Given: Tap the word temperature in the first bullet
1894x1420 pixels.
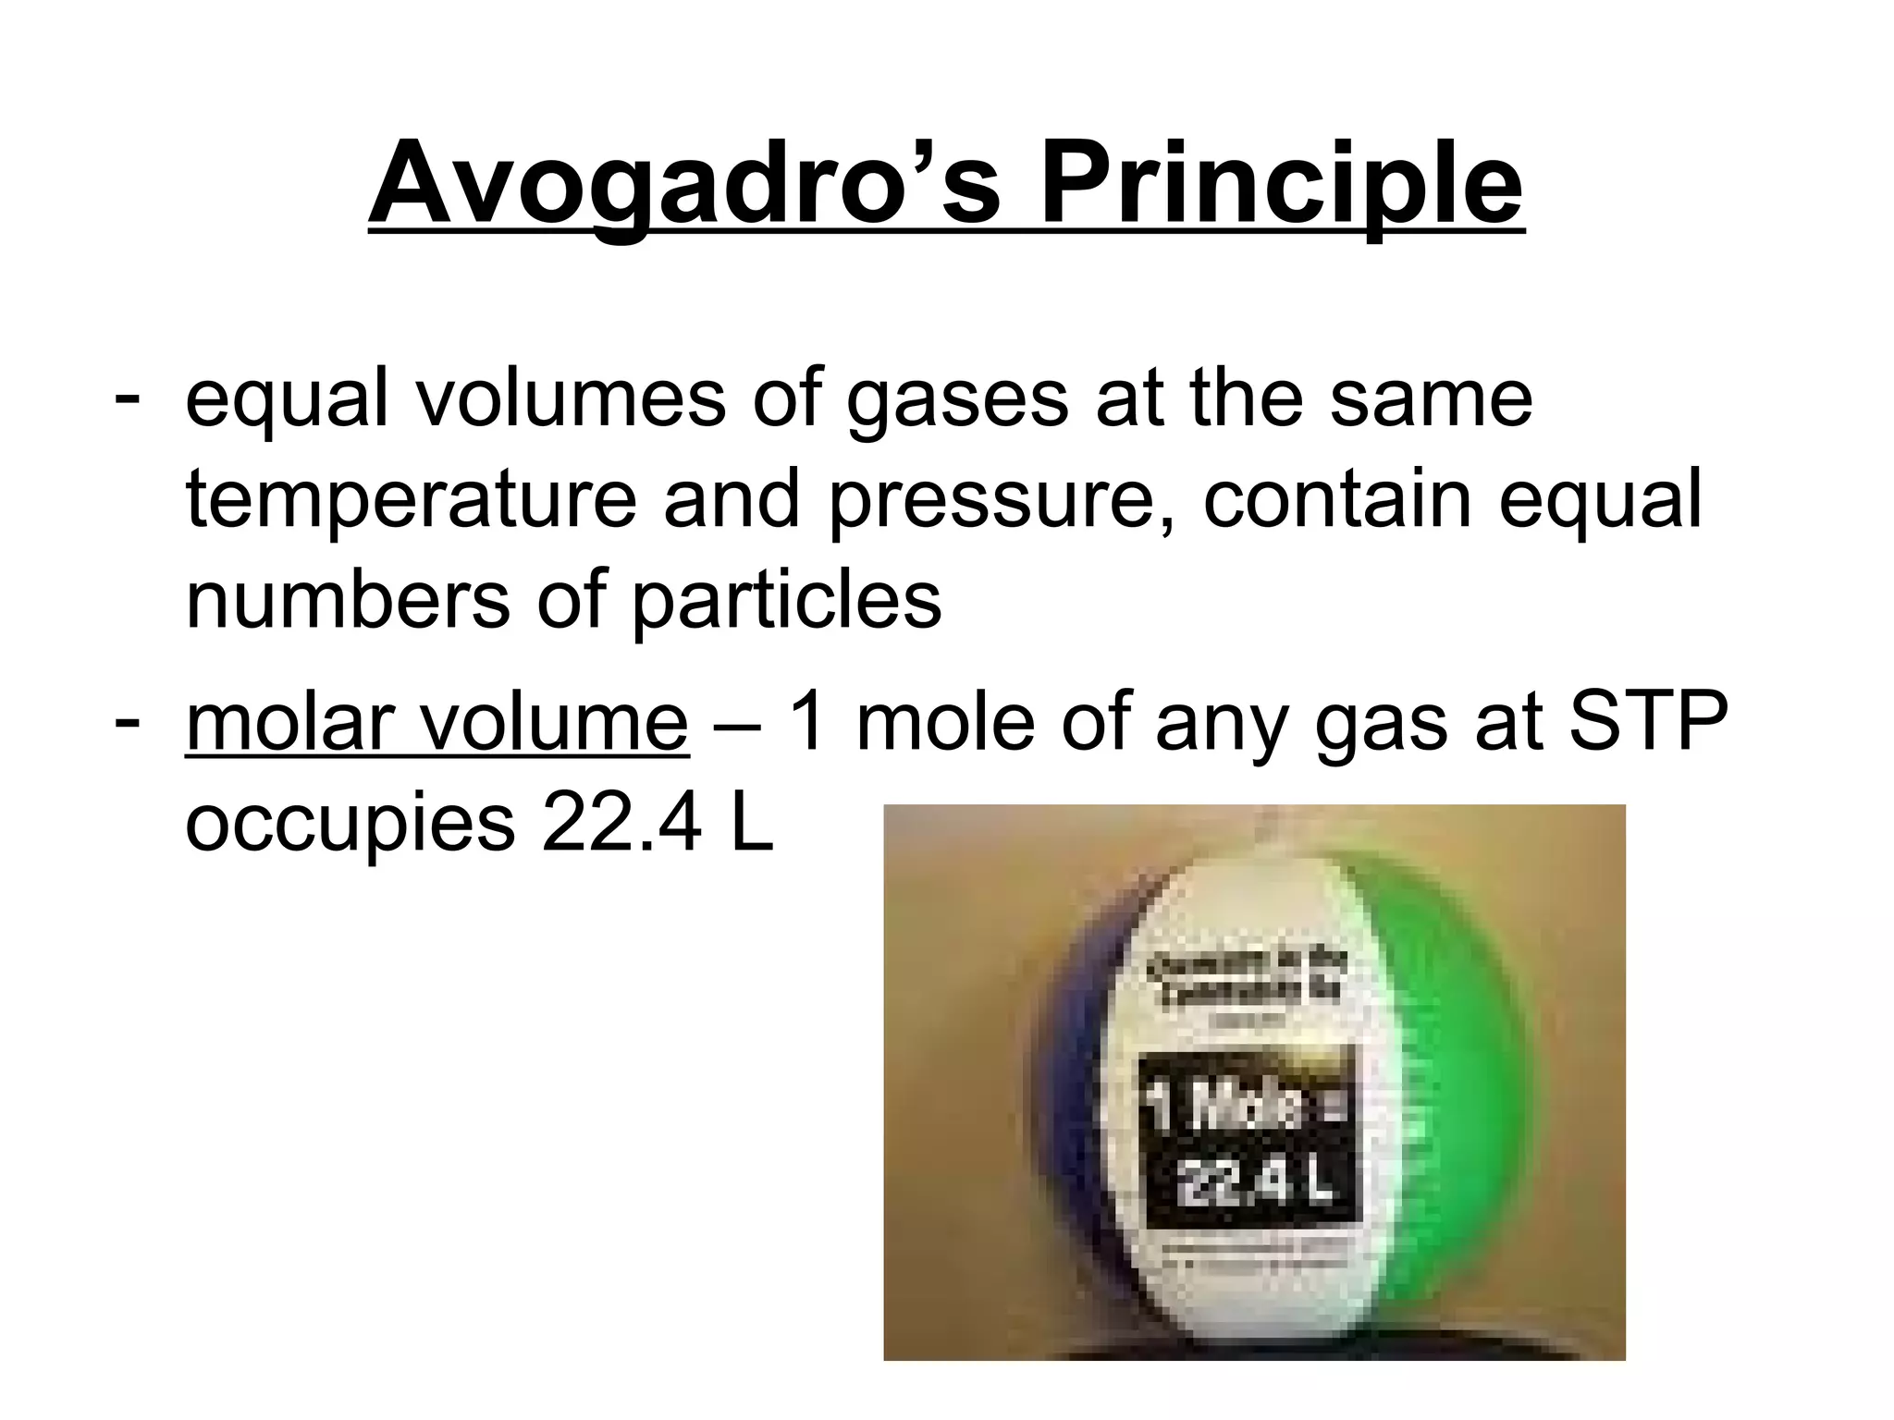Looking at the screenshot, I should tap(411, 500).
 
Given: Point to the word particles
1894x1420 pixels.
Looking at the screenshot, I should tap(785, 600).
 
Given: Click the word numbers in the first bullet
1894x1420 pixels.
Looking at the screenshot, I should tap(348, 600).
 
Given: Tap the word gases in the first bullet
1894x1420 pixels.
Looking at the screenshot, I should tap(956, 399).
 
